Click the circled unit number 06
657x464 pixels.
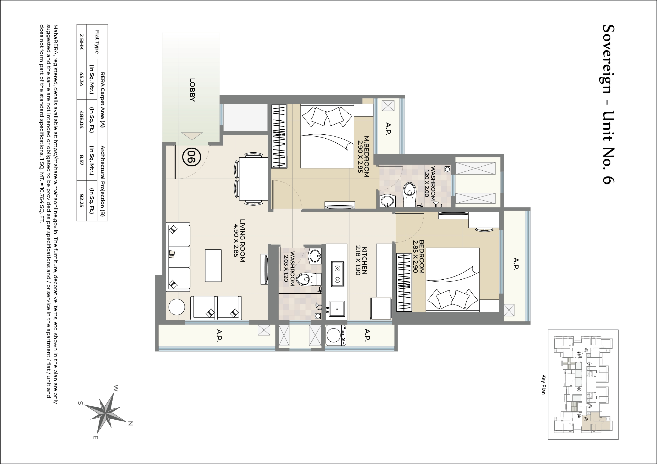[191, 157]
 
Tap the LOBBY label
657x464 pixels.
[192, 90]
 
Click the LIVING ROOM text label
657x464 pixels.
[242, 240]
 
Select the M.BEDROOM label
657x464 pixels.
[366, 156]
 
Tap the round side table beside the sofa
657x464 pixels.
[177, 307]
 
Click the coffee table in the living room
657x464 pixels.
[213, 266]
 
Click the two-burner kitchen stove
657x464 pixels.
[338, 274]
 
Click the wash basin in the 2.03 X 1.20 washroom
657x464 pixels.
[315, 256]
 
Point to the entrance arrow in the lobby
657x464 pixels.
[192, 136]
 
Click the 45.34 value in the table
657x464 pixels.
[82, 79]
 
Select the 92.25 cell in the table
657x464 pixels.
[82, 201]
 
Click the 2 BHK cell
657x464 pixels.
[82, 42]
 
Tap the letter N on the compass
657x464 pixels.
[130, 424]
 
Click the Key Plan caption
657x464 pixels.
[543, 385]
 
